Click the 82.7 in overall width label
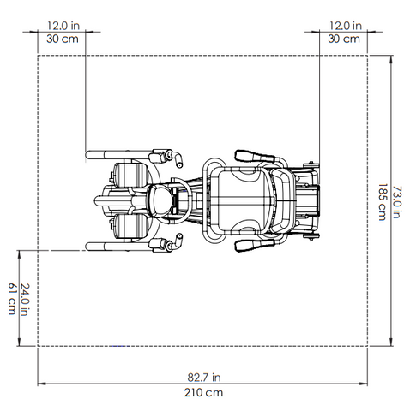tap(204, 378)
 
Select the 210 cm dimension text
tap(203, 393)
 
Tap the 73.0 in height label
tap(397, 202)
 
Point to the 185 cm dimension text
tap(382, 202)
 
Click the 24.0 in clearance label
tap(25, 300)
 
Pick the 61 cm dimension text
tap(12, 299)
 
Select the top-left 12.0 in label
tap(63, 26)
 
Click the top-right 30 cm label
tap(344, 39)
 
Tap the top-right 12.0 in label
tap(346, 26)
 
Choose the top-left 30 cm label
tap(63, 39)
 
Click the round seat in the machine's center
tap(160, 200)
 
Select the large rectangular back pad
tap(241, 201)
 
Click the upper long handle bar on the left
tap(118, 155)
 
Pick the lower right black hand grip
tap(255, 245)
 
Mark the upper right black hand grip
tap(255, 156)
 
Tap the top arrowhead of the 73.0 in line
tap(391, 59)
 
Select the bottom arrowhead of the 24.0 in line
tap(19, 342)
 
